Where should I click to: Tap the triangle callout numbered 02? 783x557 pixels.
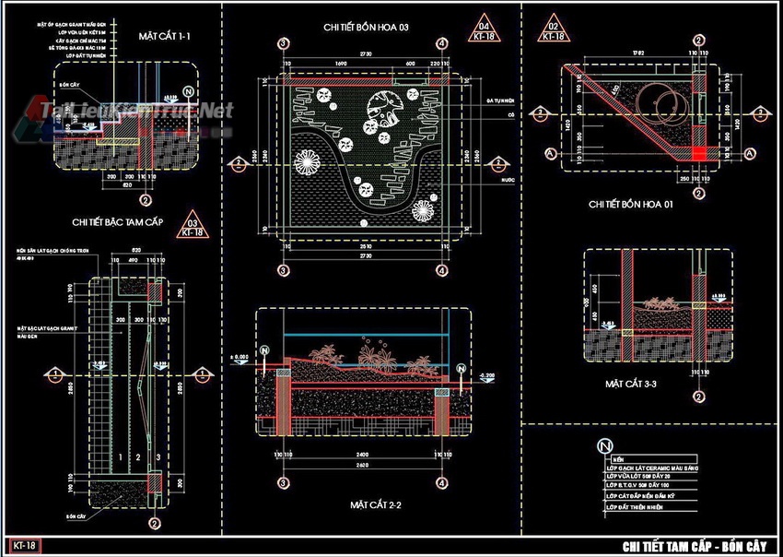point(554,30)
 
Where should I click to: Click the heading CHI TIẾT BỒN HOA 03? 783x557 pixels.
point(366,28)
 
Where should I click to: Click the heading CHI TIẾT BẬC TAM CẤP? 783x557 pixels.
point(119,222)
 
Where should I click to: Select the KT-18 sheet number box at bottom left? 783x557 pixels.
point(25,546)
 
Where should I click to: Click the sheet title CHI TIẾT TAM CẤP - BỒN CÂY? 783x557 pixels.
point(695,546)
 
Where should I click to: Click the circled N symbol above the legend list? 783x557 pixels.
point(605,445)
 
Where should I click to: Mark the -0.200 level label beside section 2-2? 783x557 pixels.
point(487,375)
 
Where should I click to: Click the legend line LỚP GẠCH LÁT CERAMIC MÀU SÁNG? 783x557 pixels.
point(661,468)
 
